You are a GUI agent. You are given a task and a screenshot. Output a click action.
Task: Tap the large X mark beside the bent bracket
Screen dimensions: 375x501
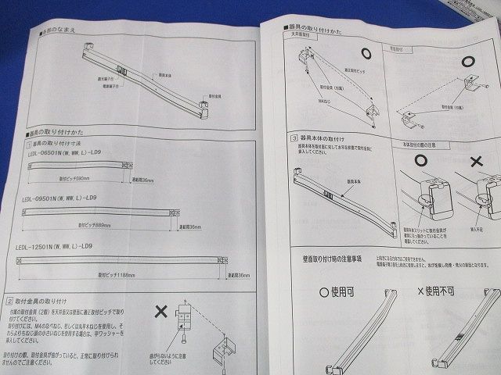(x=160, y=310)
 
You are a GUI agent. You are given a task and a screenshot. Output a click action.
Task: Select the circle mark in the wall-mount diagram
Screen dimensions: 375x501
(x=470, y=62)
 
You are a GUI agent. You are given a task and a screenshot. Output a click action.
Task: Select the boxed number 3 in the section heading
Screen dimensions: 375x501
(x=292, y=137)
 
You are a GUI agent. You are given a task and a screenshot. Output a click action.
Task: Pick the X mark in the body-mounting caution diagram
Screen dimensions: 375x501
(x=476, y=162)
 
